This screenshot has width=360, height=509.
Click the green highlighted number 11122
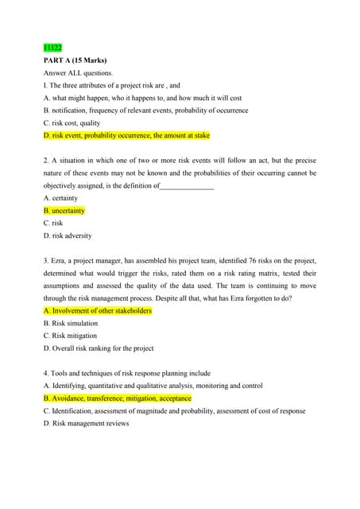point(52,48)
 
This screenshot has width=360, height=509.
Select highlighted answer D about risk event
point(126,136)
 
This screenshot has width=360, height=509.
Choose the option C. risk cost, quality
point(72,123)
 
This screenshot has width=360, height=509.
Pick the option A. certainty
point(61,198)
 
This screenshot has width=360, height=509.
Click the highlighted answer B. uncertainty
point(64,211)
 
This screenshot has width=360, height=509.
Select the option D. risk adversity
point(68,235)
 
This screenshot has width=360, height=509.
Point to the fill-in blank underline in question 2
point(188,186)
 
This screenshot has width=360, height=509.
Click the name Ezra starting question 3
point(59,261)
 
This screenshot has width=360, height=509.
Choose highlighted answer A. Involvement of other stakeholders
point(97,311)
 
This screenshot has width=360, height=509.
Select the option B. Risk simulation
point(71,323)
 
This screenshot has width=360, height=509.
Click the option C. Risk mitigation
point(70,336)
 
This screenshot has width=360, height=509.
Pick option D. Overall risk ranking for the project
point(99,348)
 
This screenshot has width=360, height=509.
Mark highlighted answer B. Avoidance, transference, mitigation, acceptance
point(117,398)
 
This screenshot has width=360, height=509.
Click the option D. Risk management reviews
point(86,423)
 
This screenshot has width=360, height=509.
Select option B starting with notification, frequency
point(145,111)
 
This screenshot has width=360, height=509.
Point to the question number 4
point(45,373)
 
